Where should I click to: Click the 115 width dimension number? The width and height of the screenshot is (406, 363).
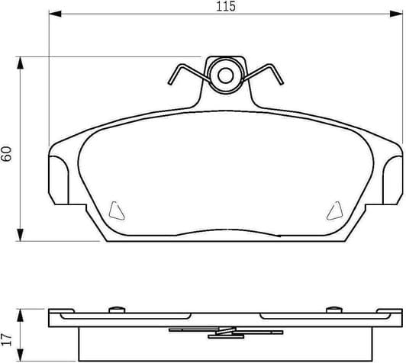224,7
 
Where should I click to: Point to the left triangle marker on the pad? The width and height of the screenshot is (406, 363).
115,207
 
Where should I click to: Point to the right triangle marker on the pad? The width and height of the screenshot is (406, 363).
333,207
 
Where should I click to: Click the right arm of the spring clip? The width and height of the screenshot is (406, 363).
268,72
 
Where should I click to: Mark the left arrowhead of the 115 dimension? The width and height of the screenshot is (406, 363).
53,14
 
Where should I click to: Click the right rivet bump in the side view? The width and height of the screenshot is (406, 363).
333,308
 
